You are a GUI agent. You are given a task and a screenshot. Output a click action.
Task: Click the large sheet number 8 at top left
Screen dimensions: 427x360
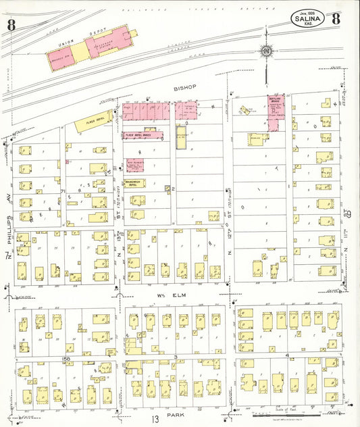pyautogui.click(x=11, y=26)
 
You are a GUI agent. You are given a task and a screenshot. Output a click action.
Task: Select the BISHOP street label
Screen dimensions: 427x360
pyautogui.click(x=183, y=88)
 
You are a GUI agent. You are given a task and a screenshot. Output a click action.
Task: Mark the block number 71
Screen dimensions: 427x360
pyautogui.click(x=63, y=192)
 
